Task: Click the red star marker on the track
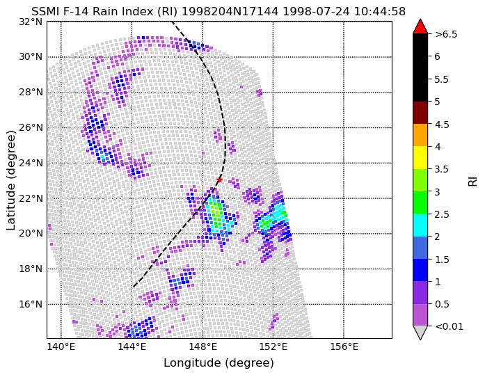pyautogui.click(x=219, y=180)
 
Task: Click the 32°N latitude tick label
pyautogui.click(x=31, y=22)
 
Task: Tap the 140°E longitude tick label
pyautogui.click(x=61, y=347)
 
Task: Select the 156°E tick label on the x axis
pyautogui.click(x=344, y=347)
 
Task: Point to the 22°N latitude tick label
pyautogui.click(x=31, y=198)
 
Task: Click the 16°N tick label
pyautogui.click(x=31, y=305)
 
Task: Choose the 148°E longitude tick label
pyautogui.click(x=202, y=347)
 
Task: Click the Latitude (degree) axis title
pyautogui.click(x=11, y=180)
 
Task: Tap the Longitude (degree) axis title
pyautogui.click(x=218, y=363)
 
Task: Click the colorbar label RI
pyautogui.click(x=473, y=180)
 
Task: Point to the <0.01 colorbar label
pyautogui.click(x=449, y=326)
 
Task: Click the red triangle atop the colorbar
pyautogui.click(x=420, y=27)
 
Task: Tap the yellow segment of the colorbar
pyautogui.click(x=420, y=158)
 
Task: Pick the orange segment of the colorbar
pyautogui.click(x=420, y=135)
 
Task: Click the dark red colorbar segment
pyautogui.click(x=420, y=113)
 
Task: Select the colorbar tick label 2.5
pyautogui.click(x=442, y=214)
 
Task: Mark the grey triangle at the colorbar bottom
pyautogui.click(x=420, y=332)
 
